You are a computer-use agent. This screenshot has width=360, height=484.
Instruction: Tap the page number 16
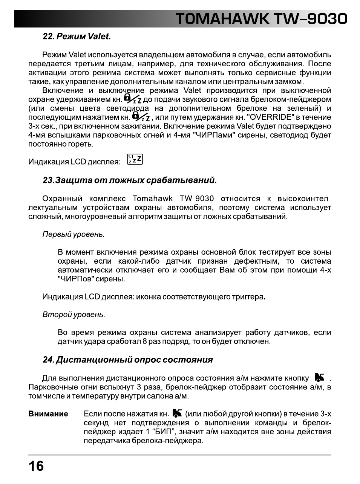tap(36, 466)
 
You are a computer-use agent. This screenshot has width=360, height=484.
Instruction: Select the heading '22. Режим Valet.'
tap(77, 37)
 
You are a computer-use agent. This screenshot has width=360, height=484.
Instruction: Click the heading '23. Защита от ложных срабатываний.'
tap(130, 180)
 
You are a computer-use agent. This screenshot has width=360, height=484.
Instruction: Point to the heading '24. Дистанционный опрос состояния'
tap(128, 360)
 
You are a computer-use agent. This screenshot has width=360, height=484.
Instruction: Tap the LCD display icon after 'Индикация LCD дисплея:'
tap(135, 160)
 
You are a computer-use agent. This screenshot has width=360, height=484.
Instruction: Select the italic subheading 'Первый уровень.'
tap(74, 234)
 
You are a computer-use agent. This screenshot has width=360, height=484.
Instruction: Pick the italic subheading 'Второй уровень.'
tap(74, 315)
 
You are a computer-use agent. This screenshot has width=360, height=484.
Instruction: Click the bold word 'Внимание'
tap(48, 414)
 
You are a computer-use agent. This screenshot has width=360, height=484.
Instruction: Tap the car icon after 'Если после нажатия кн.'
tap(177, 413)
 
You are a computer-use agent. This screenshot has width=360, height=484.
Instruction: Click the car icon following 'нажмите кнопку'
tap(320, 377)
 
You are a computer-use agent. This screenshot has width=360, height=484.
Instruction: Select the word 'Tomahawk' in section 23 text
tap(153, 198)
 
